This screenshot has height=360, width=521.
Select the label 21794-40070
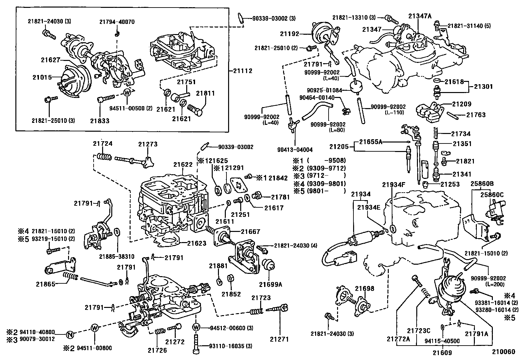pos(117,22)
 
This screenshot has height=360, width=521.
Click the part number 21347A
pos(420,15)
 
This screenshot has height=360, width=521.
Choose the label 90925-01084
pos(324,90)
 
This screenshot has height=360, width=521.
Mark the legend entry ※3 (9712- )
pos(319,176)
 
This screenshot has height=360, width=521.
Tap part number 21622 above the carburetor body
pos(183,165)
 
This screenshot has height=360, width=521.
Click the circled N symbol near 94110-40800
pos(69,334)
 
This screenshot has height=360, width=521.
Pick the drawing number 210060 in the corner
pos(504,352)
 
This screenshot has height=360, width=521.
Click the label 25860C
pos(492,195)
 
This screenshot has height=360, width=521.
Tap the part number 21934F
pos(394,185)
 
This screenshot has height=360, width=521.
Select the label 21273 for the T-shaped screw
pos(148,144)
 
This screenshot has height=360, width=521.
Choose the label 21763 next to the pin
pos(476,115)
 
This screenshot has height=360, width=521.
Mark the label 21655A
pos(370,142)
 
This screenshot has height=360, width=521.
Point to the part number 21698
pos(365,289)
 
